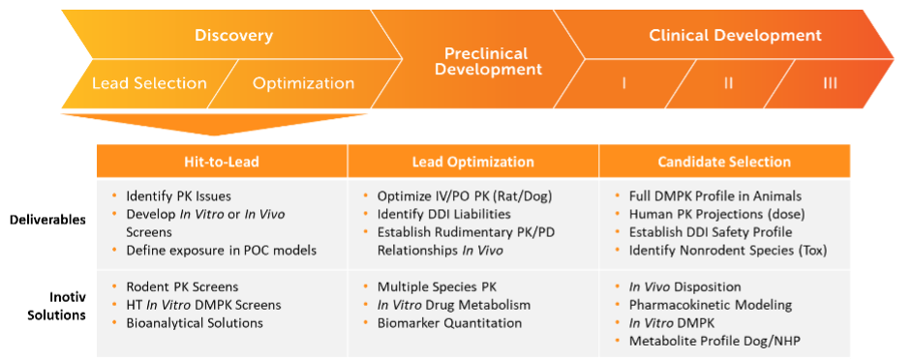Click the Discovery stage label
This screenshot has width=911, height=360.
[x=233, y=36]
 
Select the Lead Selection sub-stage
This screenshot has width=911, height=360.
[x=149, y=83]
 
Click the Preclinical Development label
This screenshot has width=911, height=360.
[x=493, y=60]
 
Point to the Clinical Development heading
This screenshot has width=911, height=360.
[x=735, y=36]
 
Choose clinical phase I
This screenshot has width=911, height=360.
[x=623, y=83]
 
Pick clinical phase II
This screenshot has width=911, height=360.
[x=728, y=83]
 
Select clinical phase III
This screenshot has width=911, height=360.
[x=830, y=83]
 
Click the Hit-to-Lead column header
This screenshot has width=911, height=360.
[x=222, y=162]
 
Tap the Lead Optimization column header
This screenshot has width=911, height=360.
[x=474, y=162]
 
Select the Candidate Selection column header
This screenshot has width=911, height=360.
[x=725, y=162]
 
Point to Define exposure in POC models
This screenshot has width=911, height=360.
[x=222, y=251]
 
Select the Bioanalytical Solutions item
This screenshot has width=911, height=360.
[x=195, y=322]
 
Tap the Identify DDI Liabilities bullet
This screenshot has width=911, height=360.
[x=445, y=214]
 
